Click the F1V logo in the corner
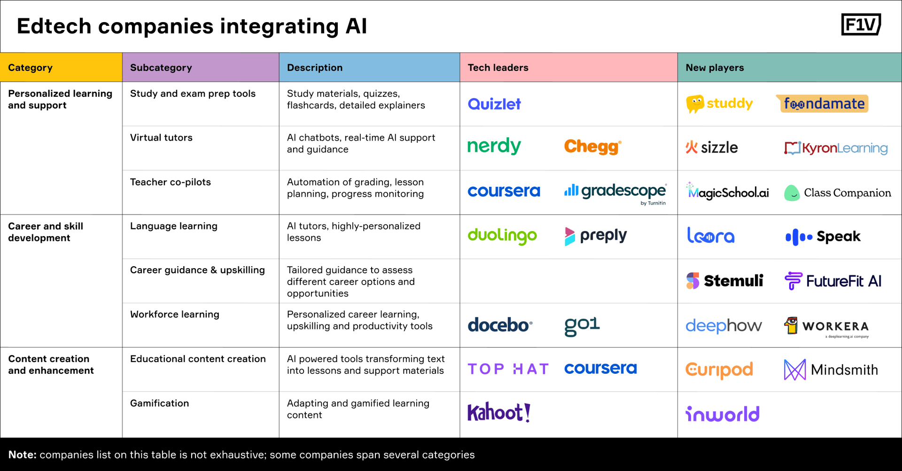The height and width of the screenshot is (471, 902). (861, 24)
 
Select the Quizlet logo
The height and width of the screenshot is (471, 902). (494, 104)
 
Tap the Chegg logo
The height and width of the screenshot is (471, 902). (592, 147)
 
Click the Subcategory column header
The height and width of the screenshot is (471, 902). (161, 68)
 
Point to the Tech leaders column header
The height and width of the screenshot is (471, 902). (498, 68)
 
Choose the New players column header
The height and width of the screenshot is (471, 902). (715, 68)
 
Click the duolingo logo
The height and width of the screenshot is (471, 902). (502, 236)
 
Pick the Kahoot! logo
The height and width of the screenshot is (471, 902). (499, 412)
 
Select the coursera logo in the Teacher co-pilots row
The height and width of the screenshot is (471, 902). (504, 191)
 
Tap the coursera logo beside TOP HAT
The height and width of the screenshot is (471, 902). (600, 369)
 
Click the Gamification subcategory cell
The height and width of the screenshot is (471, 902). (160, 403)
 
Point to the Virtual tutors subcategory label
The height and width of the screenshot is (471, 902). (161, 138)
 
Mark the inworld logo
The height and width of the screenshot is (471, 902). (723, 414)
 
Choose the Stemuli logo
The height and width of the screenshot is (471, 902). (724, 281)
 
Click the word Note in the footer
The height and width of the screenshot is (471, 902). (22, 455)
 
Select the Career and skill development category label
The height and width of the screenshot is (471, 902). (46, 232)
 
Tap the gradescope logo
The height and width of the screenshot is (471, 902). (615, 192)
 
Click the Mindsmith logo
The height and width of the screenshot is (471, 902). (831, 370)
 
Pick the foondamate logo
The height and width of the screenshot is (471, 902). (823, 104)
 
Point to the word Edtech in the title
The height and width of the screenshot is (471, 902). (54, 26)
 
